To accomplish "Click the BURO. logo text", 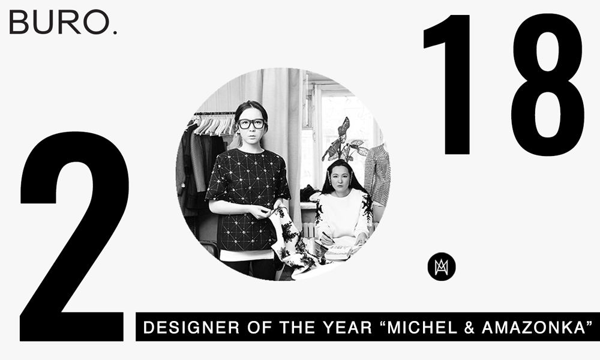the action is tap(63, 22).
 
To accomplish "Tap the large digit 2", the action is tap(73, 236).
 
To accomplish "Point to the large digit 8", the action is tap(548, 85).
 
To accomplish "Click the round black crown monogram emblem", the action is tap(442, 266).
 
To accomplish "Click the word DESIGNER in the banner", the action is tap(191, 328).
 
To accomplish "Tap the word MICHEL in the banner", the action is tap(422, 328).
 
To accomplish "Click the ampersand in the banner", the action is tap(470, 328).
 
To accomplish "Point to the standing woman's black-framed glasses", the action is tap(251, 124).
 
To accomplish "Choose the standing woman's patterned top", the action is tap(247, 199).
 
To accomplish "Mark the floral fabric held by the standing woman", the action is tap(295, 241).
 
